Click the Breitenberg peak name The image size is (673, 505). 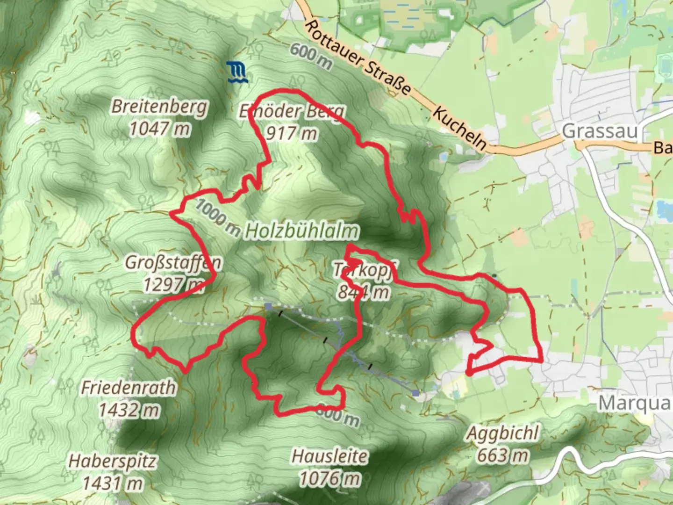pos(159,107)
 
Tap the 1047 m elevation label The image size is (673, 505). pos(159,128)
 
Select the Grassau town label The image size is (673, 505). pos(600,131)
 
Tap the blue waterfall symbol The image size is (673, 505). pos(238,72)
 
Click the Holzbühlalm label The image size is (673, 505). pos(302,231)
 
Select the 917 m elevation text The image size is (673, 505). pos(291,134)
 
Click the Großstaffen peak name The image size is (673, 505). pos(172,263)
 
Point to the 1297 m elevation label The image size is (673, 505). pos(173,284)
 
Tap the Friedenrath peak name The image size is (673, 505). pos(129,388)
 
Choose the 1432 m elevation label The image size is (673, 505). pos(129,410)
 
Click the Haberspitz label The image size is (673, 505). pos(112,462)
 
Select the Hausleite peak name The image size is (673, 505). pos(329,456)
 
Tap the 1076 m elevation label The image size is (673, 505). pos(329,478)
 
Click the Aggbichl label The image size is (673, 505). pos(503,433)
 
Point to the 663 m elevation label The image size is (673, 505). pos(503,454)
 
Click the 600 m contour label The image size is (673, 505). pos(310,56)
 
